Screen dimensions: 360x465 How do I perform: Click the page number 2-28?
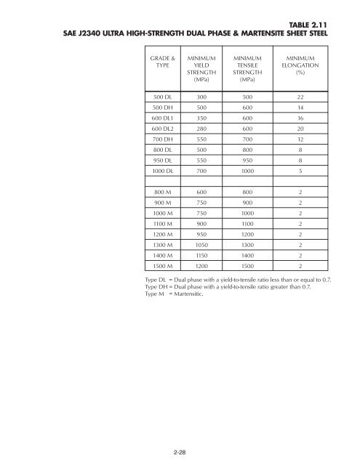click(180, 452)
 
